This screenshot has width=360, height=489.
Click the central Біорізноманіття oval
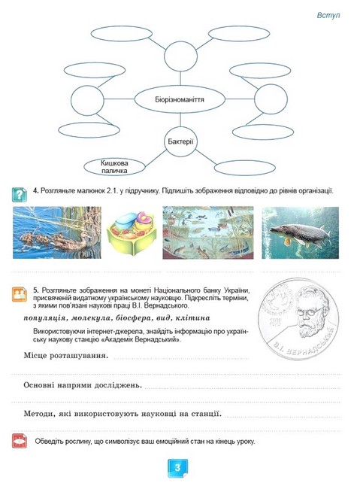(180, 99)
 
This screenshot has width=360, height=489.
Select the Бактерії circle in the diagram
(180, 141)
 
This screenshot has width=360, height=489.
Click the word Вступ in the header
(329, 15)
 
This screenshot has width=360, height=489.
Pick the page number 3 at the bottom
(179, 468)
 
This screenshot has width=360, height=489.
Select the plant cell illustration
(132, 234)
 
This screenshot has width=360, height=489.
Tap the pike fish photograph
(298, 232)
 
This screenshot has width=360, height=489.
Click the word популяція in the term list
(51, 319)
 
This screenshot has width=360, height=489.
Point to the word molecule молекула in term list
(96, 319)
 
